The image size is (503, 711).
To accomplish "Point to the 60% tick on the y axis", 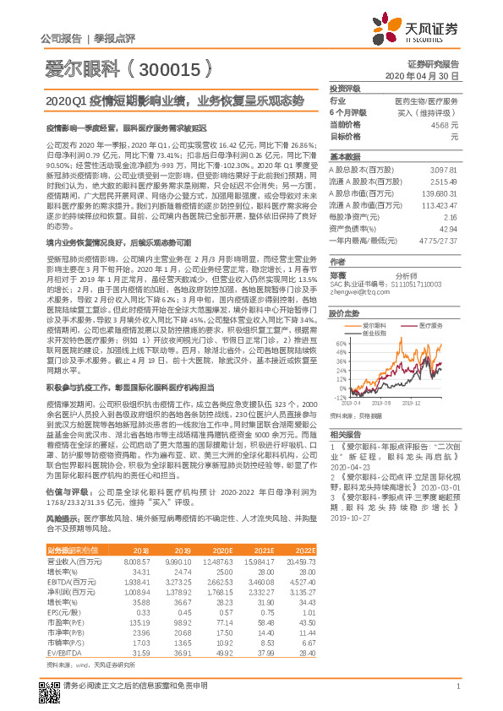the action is pos(338,344).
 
